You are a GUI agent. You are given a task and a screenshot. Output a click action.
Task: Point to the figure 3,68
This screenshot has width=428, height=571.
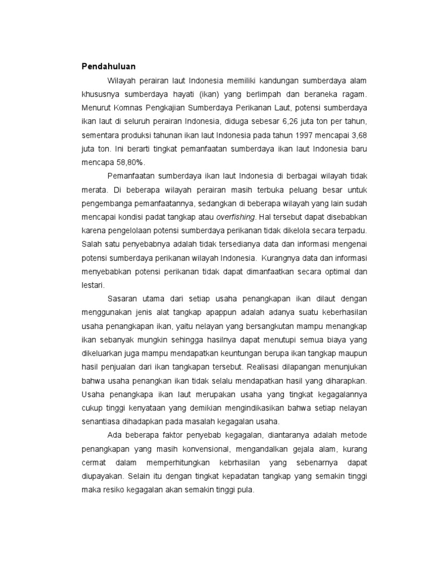click(x=359, y=136)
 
